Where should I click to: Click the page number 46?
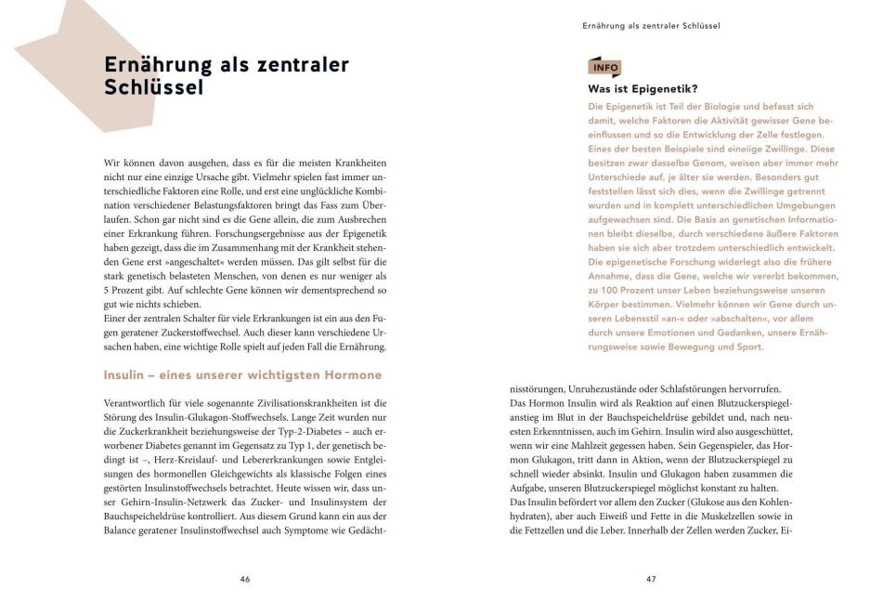click(244, 578)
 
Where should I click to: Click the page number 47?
click(651, 578)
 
